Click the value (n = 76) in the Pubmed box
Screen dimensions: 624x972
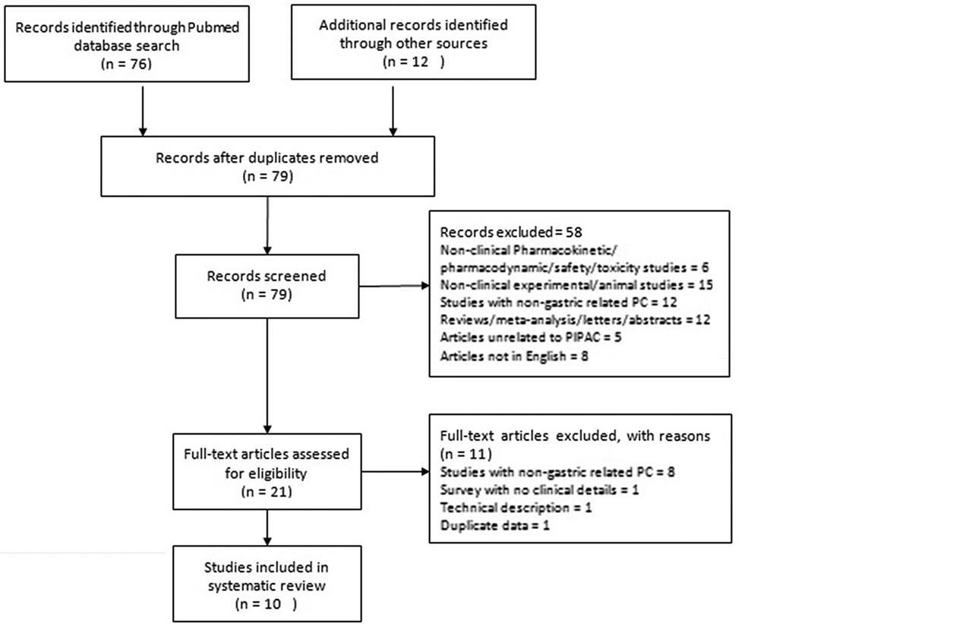click(127, 64)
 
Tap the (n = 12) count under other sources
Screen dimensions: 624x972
click(413, 62)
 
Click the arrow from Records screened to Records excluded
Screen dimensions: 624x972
click(392, 287)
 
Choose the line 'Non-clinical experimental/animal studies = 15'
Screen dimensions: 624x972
click(575, 284)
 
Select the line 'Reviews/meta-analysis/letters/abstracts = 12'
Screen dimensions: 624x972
click(575, 319)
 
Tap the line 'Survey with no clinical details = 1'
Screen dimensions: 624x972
click(539, 489)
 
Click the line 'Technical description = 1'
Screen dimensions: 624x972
click(516, 507)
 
